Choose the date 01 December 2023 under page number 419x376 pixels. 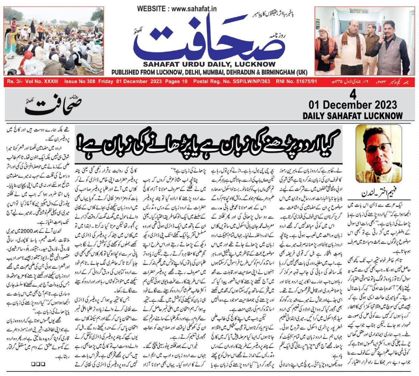coord(353,105)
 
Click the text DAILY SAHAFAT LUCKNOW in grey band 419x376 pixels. coord(352,116)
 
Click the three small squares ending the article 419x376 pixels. coord(36,363)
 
